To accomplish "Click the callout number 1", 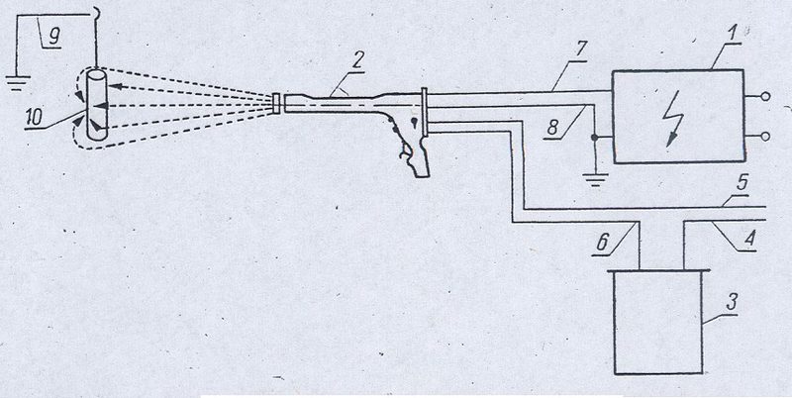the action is point(733,34).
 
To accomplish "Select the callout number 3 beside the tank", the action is point(731,302).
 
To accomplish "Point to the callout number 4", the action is point(752,236).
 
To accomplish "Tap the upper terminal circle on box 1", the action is point(765,96).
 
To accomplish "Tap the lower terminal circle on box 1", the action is point(765,136).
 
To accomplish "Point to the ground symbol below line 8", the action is point(596,180).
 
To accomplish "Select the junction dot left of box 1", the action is point(596,138).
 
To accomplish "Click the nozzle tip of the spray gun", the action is point(276,103).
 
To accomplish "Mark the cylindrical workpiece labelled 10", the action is point(96,105).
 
